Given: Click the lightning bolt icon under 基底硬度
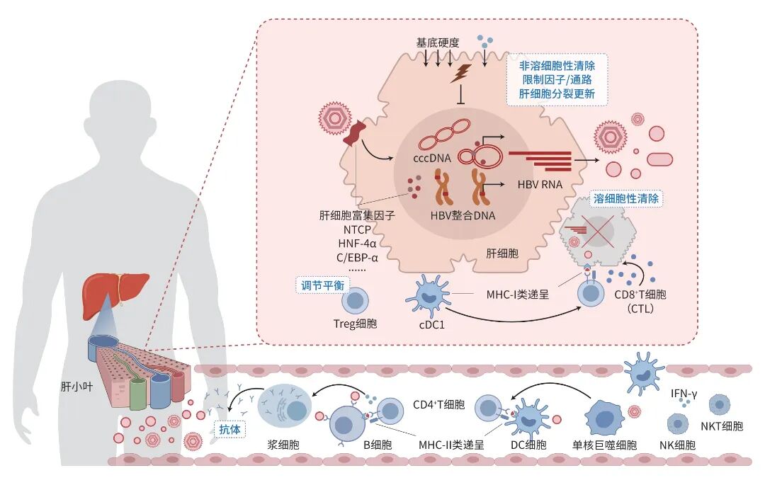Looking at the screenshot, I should pos(460,72).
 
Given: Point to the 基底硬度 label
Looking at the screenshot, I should pos(438,43).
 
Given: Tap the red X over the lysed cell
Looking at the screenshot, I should pos(598,233).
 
